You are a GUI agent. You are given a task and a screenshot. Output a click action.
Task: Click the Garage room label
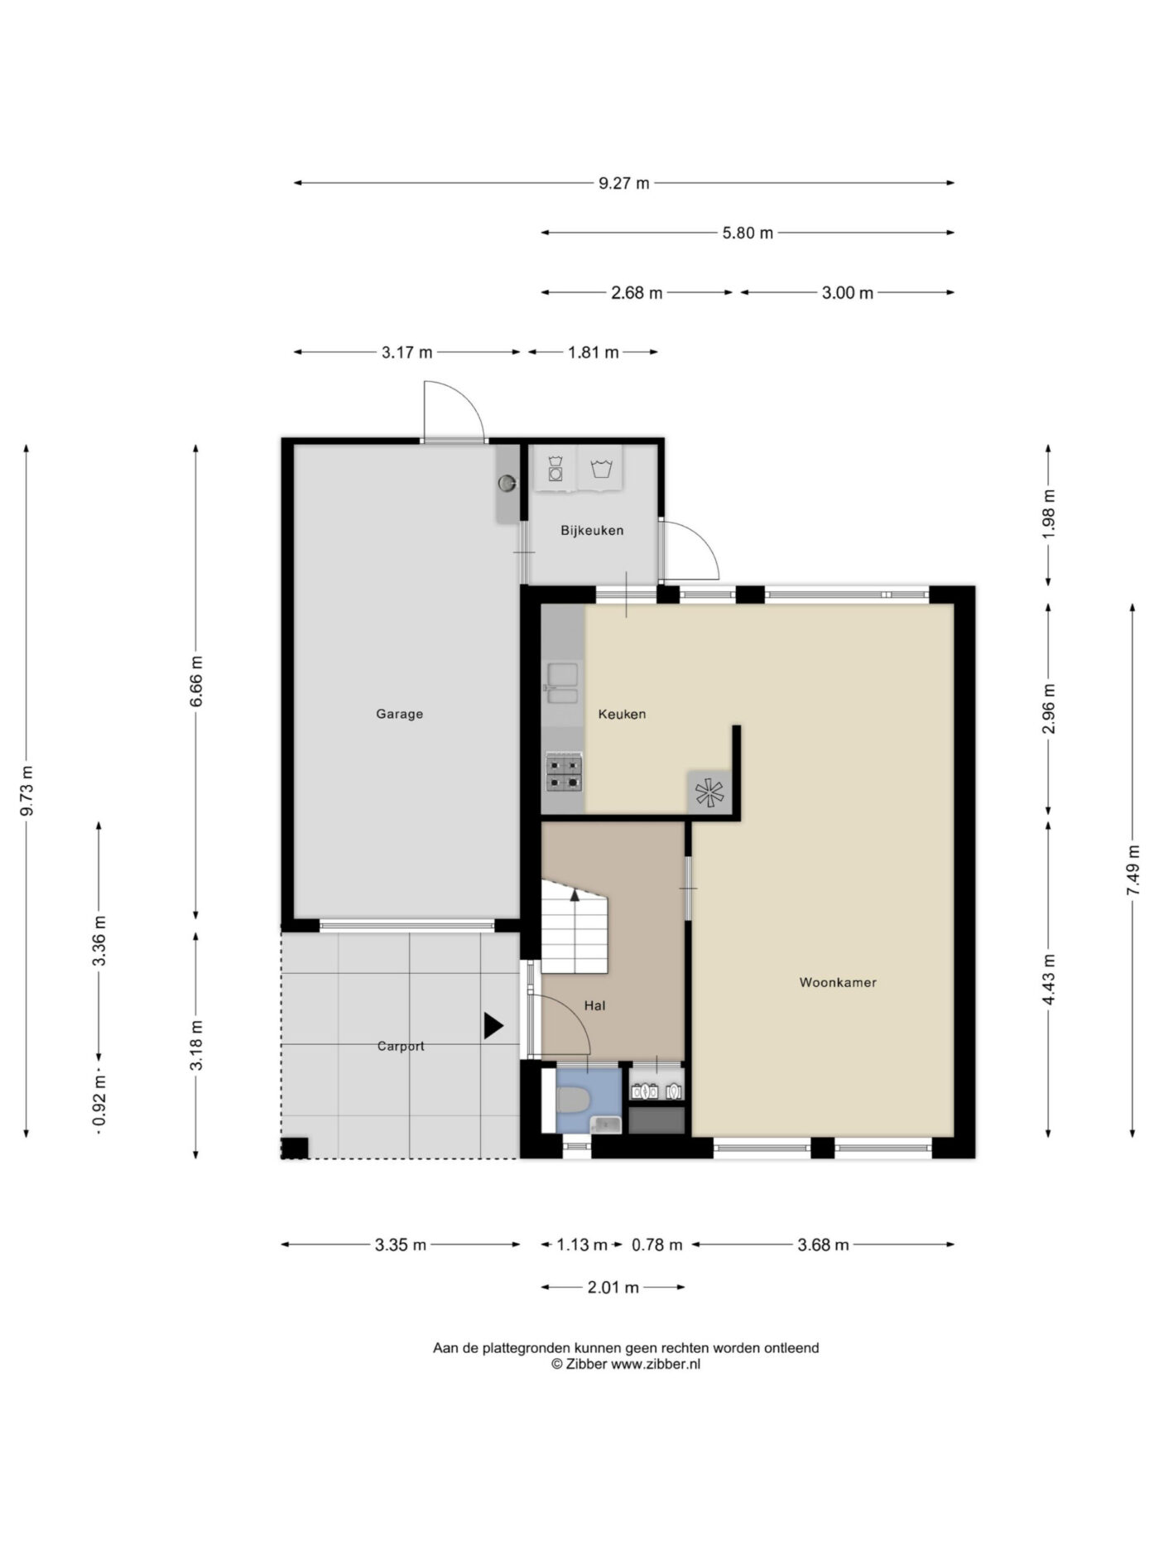click(399, 714)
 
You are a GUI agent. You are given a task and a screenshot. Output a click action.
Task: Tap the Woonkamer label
click(838, 983)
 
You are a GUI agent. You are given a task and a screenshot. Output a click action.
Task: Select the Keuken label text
click(622, 714)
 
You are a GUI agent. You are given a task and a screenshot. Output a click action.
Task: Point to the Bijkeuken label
click(592, 531)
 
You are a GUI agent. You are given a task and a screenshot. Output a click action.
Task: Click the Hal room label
click(594, 1005)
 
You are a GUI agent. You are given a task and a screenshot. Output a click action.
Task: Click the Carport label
click(401, 1046)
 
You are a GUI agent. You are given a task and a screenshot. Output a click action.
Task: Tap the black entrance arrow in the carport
click(493, 1027)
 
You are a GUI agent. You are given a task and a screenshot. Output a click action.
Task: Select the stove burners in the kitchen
click(564, 773)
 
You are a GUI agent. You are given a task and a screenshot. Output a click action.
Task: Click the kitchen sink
click(563, 683)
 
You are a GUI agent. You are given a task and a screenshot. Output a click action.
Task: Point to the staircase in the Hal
click(575, 927)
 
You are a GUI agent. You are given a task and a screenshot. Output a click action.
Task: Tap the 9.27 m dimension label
click(624, 183)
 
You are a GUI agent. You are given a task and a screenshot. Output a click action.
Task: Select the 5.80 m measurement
click(748, 233)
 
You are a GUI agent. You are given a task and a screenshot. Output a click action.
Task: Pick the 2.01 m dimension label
click(613, 1287)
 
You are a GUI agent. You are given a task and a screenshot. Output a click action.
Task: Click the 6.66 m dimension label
click(196, 681)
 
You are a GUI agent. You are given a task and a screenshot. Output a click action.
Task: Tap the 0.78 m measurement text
click(657, 1245)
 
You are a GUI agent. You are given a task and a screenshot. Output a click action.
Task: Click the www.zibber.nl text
click(656, 1365)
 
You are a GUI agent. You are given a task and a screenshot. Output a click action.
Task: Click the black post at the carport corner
click(295, 1149)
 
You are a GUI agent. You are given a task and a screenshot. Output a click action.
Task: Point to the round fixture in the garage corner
click(507, 483)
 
